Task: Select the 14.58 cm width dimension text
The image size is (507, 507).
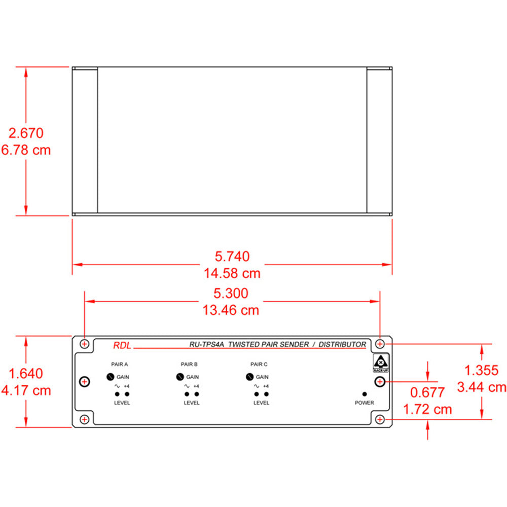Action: pos(232,273)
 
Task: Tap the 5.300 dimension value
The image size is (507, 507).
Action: pos(231,294)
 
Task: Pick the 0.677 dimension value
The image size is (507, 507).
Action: pos(427,392)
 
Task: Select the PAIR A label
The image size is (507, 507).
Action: pos(119,364)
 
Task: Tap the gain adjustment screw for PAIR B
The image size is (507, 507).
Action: pos(179,377)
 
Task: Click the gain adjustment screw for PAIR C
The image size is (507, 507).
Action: pos(249,377)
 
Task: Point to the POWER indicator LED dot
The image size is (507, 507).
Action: pos(364,394)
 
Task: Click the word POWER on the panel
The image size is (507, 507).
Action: pos(364,403)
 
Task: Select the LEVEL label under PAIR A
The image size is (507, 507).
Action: pos(122,403)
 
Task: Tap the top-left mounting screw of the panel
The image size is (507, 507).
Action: pos(85,344)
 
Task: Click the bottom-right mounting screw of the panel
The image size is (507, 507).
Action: pos(380,419)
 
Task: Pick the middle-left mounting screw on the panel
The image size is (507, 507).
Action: pos(85,381)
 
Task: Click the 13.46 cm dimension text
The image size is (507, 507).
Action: pos(232,310)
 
